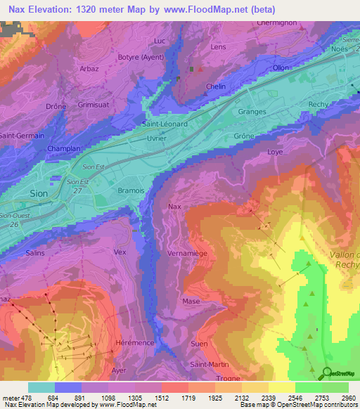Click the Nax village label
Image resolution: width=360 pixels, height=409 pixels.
click(174, 207)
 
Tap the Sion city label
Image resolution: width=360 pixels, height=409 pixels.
click(39, 193)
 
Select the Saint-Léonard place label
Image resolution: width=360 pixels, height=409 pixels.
click(165, 124)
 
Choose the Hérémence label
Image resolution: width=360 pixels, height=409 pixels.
click(134, 342)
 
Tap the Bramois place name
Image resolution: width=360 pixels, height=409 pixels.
click(111, 190)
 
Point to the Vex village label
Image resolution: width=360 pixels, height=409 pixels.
click(120, 251)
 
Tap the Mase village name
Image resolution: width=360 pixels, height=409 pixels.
click(191, 301)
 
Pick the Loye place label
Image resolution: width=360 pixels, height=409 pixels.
click(275, 152)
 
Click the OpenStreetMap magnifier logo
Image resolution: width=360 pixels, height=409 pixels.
click(327, 374)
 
